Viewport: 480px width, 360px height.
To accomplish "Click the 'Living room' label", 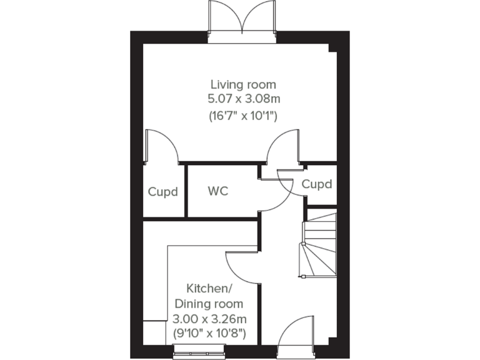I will click(x=243, y=84).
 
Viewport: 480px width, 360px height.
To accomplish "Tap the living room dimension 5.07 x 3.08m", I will click(x=243, y=99).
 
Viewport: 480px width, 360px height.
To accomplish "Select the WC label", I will click(x=218, y=191).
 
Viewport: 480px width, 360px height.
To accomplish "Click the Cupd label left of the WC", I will click(x=163, y=191).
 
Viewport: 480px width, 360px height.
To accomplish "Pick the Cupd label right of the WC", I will click(x=316, y=185).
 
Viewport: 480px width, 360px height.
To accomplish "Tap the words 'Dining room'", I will click(x=208, y=304).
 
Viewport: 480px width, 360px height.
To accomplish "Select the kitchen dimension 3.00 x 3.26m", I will click(x=208, y=319).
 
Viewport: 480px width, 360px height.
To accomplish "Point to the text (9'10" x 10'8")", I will click(x=208, y=334).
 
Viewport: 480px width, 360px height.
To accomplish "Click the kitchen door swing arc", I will click(x=241, y=266).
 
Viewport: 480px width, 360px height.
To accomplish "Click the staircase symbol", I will click(x=319, y=243).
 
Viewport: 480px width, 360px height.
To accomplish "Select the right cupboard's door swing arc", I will click(x=291, y=183).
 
